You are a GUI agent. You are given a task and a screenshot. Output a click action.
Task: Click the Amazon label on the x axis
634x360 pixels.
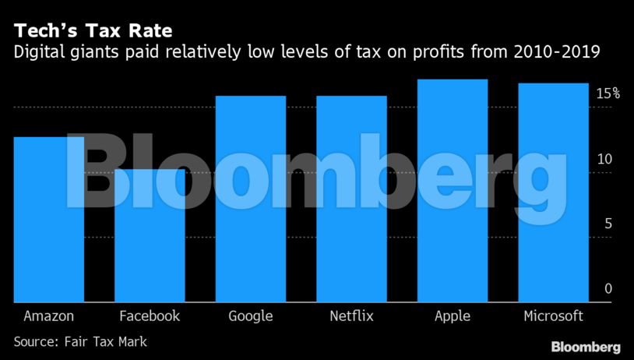click(49, 316)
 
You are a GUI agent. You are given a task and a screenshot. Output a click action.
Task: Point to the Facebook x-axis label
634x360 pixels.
click(150, 316)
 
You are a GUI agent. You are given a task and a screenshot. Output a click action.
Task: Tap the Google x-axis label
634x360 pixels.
click(251, 316)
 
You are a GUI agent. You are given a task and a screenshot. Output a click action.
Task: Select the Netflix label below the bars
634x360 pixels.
click(352, 316)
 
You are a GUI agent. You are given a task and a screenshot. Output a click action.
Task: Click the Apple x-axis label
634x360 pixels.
click(453, 317)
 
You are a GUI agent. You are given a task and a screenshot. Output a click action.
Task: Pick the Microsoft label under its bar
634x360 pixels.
click(554, 316)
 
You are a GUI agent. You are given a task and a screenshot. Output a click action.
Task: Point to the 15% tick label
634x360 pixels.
click(608, 94)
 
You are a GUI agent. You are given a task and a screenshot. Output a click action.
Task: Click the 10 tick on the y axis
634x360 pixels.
click(604, 159)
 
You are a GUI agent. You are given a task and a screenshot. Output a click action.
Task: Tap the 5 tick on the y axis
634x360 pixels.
click(608, 224)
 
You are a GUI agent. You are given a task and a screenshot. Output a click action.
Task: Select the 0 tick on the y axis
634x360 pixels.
click(608, 289)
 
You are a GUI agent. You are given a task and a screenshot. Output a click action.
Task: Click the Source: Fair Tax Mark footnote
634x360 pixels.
click(79, 341)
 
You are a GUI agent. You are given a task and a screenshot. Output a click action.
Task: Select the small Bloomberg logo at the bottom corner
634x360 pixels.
click(585, 347)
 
